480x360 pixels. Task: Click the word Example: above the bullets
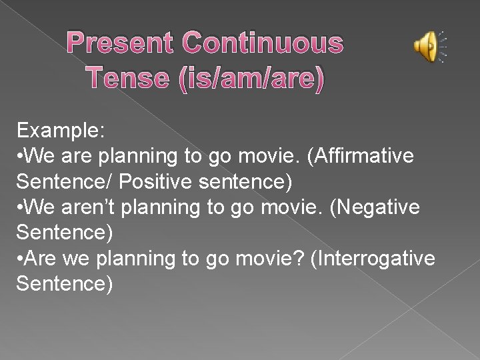tap(61, 130)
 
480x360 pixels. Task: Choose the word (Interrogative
tap(373, 259)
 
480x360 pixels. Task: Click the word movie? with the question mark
tap(277, 259)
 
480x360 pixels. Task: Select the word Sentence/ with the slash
tap(64, 181)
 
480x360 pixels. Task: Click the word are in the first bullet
tap(79, 156)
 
